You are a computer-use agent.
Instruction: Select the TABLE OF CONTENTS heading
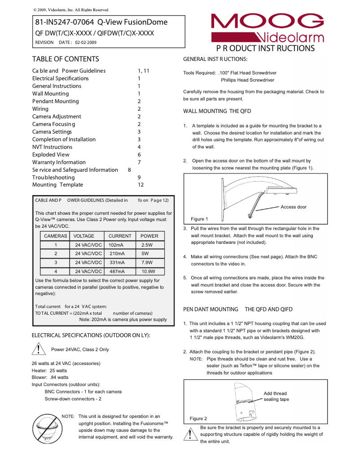click(66, 59)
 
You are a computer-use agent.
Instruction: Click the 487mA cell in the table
click(117, 271)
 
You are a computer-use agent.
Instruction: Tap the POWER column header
click(149, 236)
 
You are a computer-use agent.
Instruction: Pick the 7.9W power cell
click(147, 262)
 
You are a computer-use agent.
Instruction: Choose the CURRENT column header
click(120, 236)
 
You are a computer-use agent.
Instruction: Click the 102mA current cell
click(116, 245)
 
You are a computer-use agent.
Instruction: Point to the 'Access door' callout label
click(294, 207)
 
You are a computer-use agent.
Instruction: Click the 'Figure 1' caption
click(199, 219)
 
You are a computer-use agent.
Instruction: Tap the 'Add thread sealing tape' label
click(276, 396)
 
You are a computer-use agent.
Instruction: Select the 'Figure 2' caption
click(198, 418)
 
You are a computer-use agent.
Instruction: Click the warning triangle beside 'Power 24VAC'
click(40, 349)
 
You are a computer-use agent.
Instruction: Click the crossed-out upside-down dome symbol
click(47, 428)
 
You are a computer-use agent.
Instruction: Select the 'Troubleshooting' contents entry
click(53, 177)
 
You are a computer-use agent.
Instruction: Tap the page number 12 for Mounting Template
click(140, 185)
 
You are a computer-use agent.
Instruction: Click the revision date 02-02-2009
click(85, 43)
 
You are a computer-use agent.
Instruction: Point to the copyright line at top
click(71, 10)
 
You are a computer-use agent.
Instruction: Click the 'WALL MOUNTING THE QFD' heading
click(217, 111)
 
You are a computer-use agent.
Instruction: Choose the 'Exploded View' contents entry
click(50, 154)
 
